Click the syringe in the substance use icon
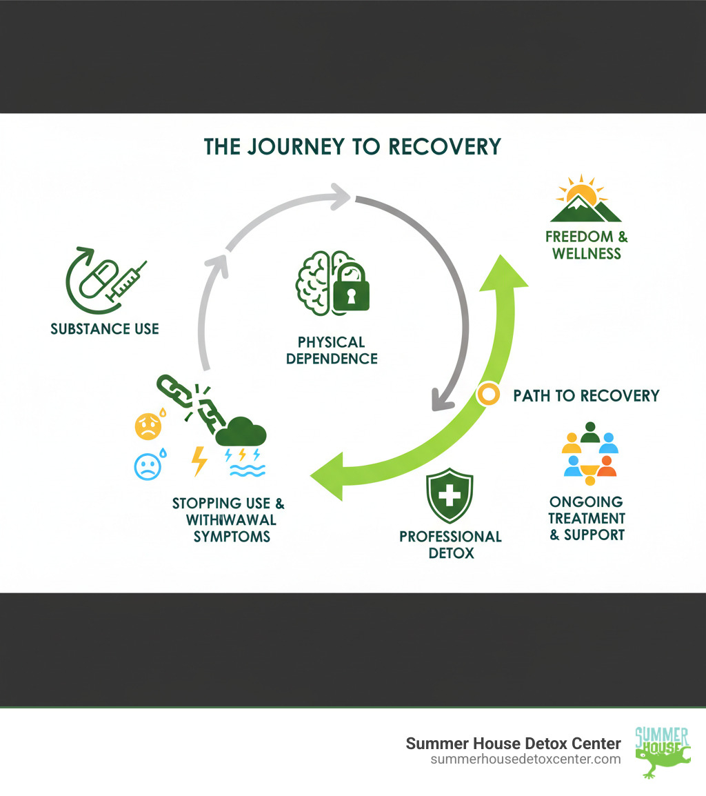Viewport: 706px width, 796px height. tap(129, 281)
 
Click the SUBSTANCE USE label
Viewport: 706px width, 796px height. tap(105, 328)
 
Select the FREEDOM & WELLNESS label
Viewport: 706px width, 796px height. tap(587, 245)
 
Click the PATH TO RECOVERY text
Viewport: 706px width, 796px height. tap(586, 395)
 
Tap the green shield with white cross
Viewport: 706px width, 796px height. tap(450, 495)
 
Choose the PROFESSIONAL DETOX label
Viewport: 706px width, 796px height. tap(450, 544)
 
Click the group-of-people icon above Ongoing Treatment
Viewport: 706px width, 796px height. tap(589, 451)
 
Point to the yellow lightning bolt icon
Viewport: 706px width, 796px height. tap(199, 461)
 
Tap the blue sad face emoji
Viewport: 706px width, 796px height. tap(146, 466)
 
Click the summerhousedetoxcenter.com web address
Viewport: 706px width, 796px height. tap(525, 759)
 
